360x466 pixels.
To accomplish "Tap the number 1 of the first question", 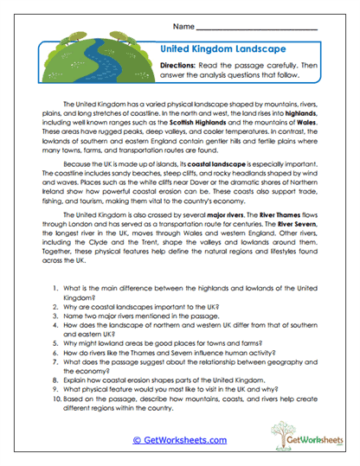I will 55,284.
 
